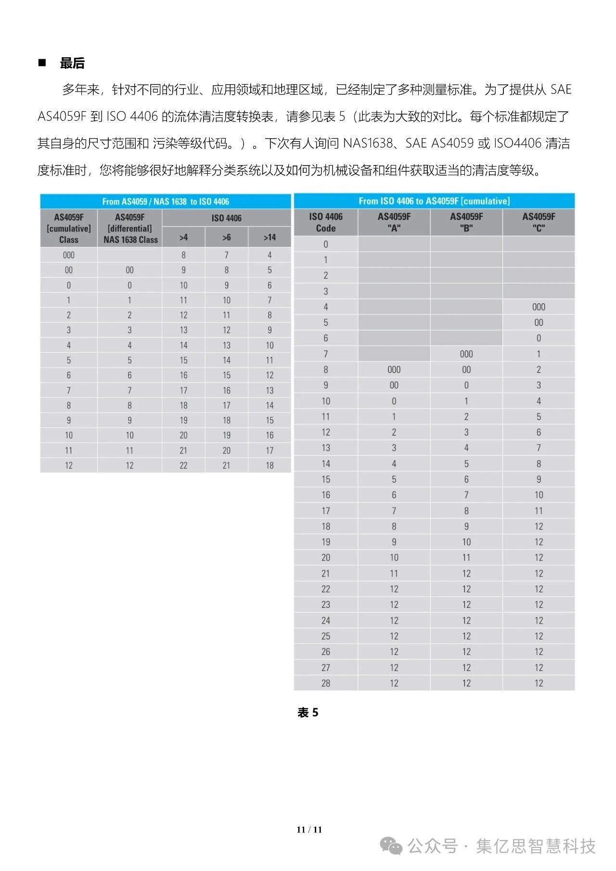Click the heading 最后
click(72, 63)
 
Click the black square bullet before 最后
click(42, 63)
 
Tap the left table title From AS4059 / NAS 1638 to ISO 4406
click(166, 202)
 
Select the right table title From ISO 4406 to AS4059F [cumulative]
click(434, 201)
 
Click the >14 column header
click(269, 237)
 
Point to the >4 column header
click(183, 237)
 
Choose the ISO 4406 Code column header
click(326, 222)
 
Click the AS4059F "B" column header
click(466, 222)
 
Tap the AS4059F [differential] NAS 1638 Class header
click(130, 228)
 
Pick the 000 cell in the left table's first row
click(69, 255)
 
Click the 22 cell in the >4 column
click(183, 465)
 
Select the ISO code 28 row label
click(326, 683)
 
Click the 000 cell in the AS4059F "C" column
click(539, 307)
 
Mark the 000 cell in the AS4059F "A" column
click(394, 370)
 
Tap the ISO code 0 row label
click(326, 244)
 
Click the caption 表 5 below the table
click(308, 713)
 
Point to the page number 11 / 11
click(309, 829)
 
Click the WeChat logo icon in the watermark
click(391, 846)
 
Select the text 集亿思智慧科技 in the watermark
click(536, 846)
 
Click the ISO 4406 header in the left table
click(226, 218)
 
